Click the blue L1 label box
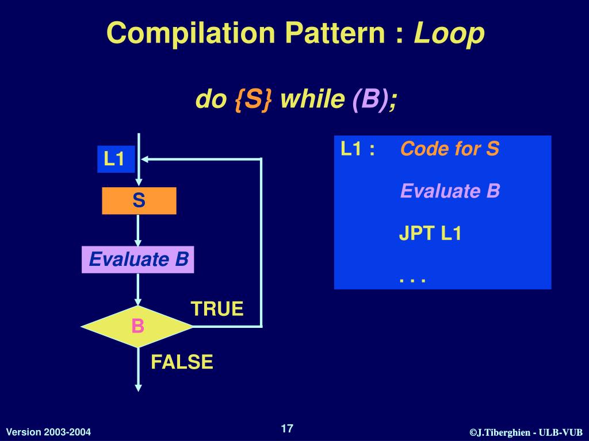tap(115, 159)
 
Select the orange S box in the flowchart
tap(139, 201)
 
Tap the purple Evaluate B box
tap(138, 260)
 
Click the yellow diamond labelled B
tap(137, 326)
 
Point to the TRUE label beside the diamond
tap(217, 309)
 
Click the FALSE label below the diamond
tap(182, 362)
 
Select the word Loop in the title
tap(449, 33)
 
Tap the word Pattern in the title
tap(346, 33)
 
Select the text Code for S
tap(450, 149)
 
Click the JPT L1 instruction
tap(431, 234)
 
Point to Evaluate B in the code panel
tap(450, 191)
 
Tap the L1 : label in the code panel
tap(358, 149)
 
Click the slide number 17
tap(287, 428)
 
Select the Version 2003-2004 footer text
tap(48, 432)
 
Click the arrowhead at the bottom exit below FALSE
tap(138, 387)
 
